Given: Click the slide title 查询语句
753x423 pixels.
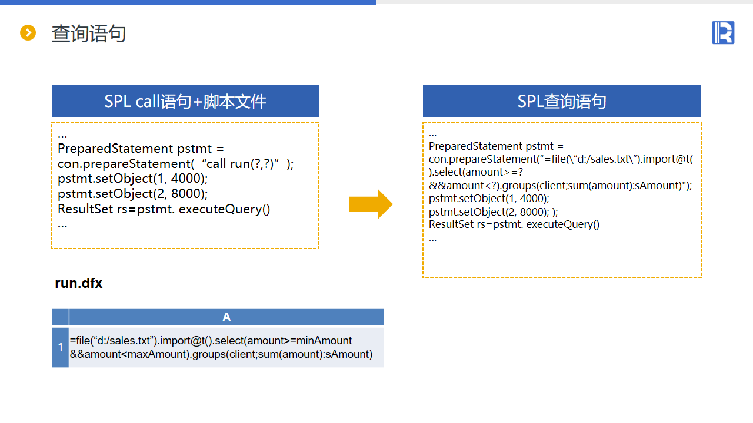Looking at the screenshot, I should [x=89, y=33].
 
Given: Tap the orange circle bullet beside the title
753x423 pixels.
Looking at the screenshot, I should [x=28, y=33].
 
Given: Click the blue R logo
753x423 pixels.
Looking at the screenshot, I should [x=723, y=32].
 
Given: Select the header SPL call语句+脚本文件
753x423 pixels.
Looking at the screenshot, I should [x=185, y=102].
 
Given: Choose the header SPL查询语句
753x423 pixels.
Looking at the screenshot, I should [x=562, y=102].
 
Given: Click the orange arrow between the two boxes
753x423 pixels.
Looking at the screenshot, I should [x=371, y=204].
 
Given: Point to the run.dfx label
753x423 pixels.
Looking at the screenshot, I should [x=79, y=283].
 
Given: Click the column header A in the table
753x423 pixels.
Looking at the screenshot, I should [x=226, y=317].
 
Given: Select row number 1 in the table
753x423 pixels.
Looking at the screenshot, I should [x=61, y=347].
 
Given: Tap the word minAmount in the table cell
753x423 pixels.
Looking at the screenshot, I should [x=324, y=341].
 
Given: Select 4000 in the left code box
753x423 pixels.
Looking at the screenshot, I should [x=187, y=179].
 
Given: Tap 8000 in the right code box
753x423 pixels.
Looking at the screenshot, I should [x=532, y=211].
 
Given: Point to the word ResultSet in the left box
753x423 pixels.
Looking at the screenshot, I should [x=86, y=209].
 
